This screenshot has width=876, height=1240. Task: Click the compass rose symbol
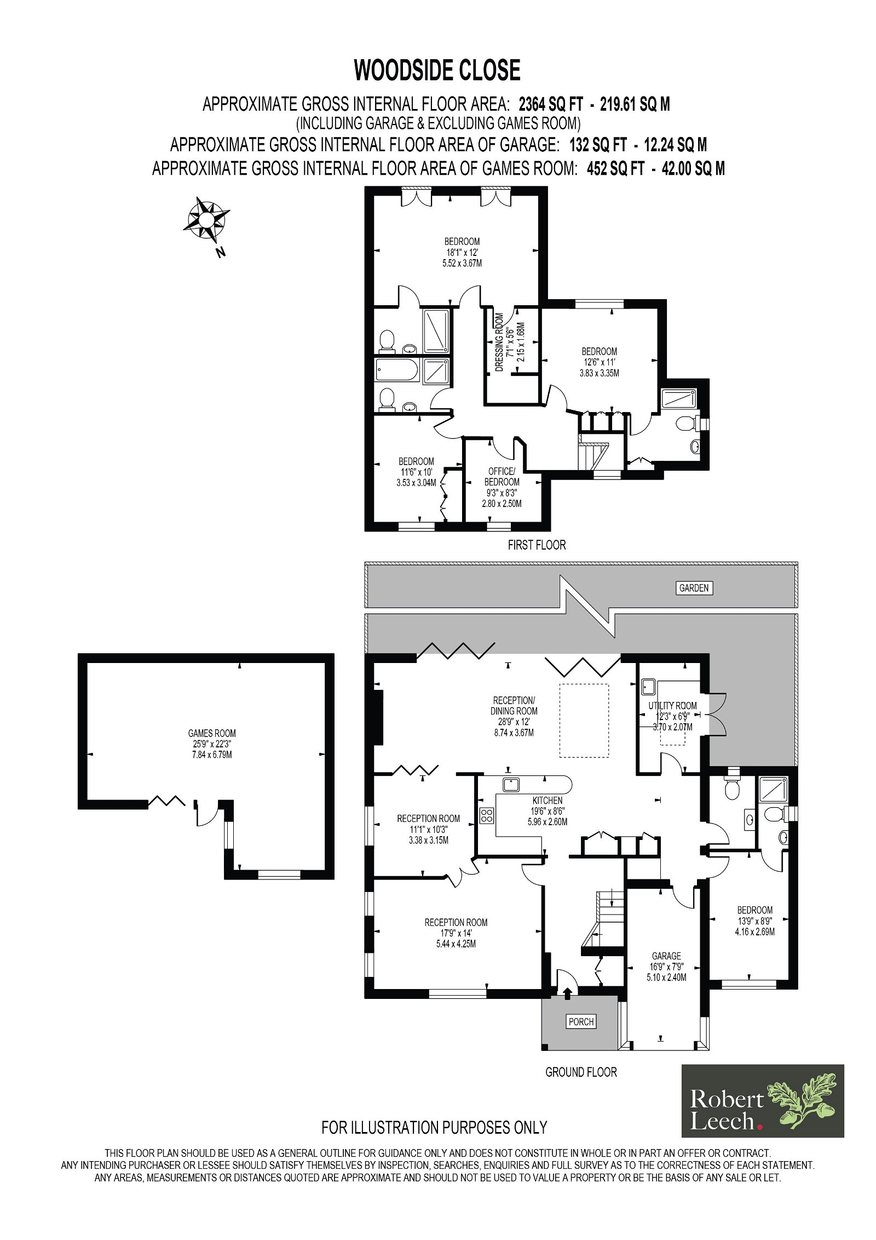206,220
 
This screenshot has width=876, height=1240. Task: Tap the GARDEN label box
694,588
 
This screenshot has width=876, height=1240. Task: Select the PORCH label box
581,1021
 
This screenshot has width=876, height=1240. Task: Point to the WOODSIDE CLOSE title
437,70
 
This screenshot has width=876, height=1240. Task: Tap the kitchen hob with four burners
487,815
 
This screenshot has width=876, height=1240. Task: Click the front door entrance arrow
567,992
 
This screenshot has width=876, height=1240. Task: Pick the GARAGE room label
666,956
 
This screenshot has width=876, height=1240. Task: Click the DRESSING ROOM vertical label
499,342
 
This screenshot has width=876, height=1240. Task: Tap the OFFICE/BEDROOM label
502,477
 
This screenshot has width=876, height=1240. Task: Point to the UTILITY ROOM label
672,706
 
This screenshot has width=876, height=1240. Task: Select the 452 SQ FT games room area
615,168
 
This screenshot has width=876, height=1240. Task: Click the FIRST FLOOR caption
537,545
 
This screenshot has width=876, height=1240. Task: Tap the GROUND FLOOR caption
581,1072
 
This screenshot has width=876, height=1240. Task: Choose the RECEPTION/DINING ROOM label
514,706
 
